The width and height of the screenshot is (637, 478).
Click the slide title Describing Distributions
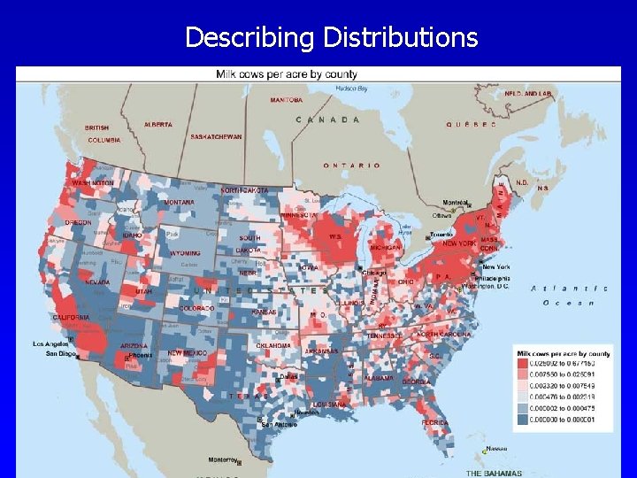click(331, 37)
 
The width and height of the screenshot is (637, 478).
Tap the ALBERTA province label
click(157, 125)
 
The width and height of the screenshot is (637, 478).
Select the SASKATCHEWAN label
click(216, 137)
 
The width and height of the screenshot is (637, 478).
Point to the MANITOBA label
click(286, 100)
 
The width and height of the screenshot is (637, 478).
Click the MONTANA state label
click(179, 203)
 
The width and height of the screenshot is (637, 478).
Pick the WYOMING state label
click(184, 253)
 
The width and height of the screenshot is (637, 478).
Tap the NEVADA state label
click(97, 282)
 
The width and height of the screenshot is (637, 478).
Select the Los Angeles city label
click(50, 343)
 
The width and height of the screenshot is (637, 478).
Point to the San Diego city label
click(61, 355)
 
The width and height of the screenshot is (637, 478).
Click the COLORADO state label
click(197, 308)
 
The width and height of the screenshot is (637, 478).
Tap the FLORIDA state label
click(434, 423)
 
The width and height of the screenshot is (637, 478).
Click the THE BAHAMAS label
click(494, 472)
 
